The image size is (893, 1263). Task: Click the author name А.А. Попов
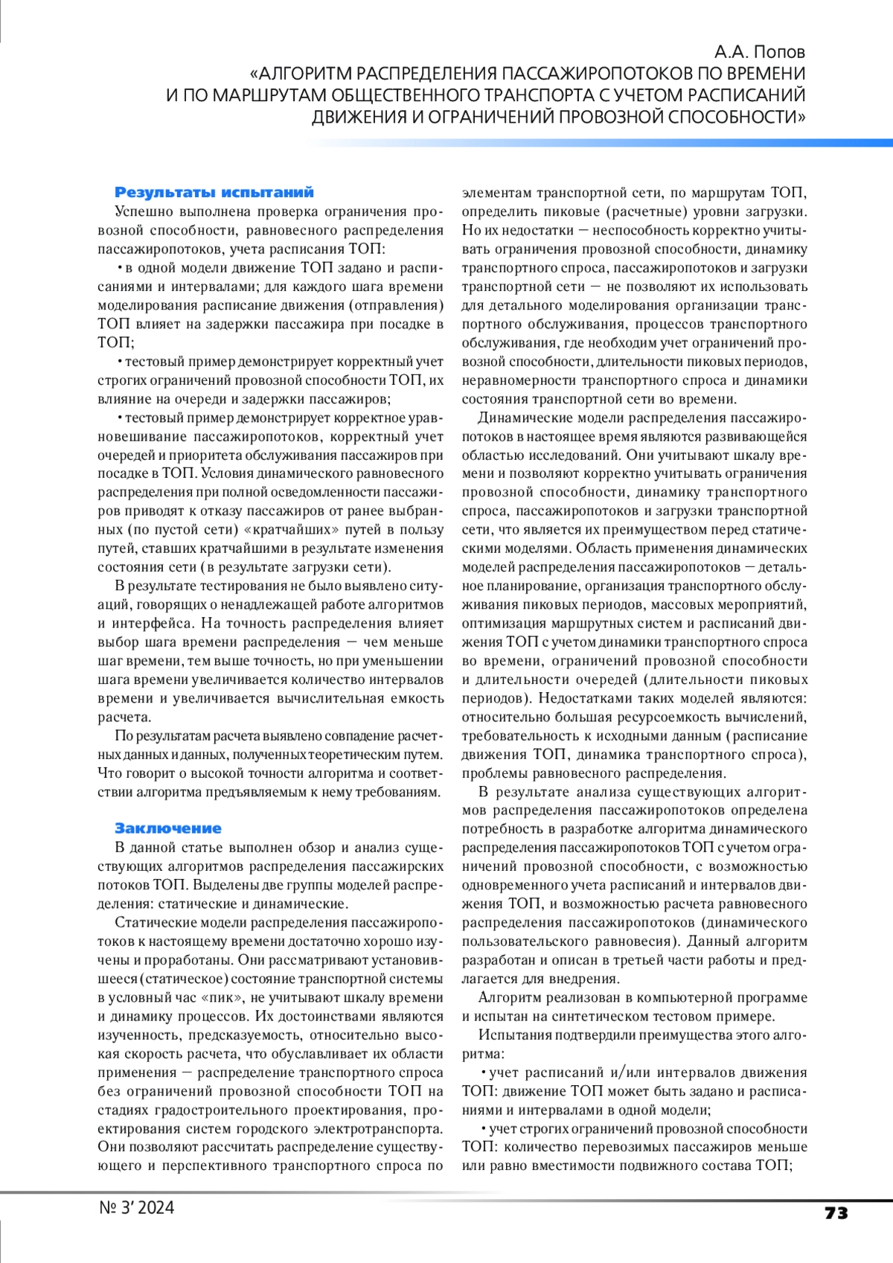pyautogui.click(x=759, y=52)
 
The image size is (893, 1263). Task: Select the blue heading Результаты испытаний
pyautogui.click(x=214, y=193)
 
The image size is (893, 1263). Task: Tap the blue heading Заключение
pyautogui.click(x=168, y=828)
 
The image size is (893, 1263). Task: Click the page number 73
pyautogui.click(x=836, y=1213)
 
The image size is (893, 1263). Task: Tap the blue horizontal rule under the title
pyautogui.click(x=595, y=142)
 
